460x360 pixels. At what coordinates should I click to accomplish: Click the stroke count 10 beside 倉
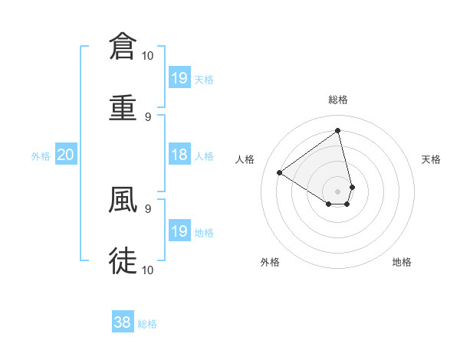(x=148, y=55)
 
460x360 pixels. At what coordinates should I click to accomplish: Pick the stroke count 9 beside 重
(x=148, y=117)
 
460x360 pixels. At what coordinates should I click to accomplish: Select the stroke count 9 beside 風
(x=148, y=208)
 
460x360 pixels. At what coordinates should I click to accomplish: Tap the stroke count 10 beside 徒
(x=148, y=270)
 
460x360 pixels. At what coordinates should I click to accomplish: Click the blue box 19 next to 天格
(x=179, y=77)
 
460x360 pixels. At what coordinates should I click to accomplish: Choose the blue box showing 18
(x=179, y=155)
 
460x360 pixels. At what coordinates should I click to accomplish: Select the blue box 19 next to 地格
(x=179, y=231)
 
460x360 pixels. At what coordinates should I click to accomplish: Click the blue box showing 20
(x=66, y=155)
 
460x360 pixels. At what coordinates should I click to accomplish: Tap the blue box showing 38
(x=123, y=322)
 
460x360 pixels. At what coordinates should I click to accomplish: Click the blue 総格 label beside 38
(x=147, y=324)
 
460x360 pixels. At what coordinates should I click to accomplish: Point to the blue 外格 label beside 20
(x=41, y=156)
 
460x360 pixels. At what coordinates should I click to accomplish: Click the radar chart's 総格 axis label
(x=338, y=100)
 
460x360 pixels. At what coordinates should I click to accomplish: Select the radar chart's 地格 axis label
(x=402, y=262)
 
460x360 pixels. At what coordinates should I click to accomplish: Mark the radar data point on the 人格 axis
(x=280, y=173)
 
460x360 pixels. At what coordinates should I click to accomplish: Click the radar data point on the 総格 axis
(x=338, y=130)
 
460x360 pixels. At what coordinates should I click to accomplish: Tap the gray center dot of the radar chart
(x=338, y=191)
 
